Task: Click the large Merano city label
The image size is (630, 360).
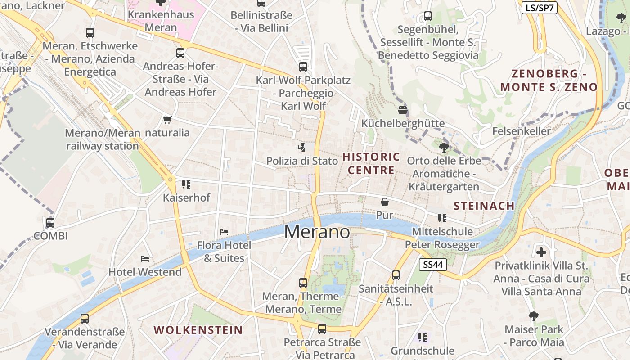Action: click(317, 232)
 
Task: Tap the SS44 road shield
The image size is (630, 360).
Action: click(433, 265)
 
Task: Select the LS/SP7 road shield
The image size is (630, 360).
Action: click(540, 8)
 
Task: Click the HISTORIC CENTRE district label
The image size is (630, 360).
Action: click(371, 163)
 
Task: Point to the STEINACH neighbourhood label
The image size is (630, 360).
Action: click(484, 206)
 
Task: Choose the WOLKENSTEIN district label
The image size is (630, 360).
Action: click(198, 330)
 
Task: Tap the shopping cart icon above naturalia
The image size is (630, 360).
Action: click(167, 120)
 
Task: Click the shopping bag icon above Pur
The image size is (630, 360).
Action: click(384, 202)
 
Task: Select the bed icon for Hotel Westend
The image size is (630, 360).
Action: click(145, 259)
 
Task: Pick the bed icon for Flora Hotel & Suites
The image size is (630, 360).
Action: click(224, 232)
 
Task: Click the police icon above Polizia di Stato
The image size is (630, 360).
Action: click(302, 148)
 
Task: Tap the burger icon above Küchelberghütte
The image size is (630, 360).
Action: click(403, 110)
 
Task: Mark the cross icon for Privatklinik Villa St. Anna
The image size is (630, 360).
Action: click(541, 252)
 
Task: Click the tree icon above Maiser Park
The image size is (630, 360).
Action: click(534, 316)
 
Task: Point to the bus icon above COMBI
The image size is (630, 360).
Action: click(50, 222)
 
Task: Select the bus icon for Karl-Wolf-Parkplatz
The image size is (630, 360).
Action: click(303, 67)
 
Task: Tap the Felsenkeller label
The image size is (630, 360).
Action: click(522, 131)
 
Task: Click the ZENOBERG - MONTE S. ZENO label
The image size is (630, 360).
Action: click(549, 81)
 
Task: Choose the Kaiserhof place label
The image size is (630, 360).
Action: click(186, 198)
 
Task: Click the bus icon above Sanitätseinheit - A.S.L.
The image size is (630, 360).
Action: click(396, 275)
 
